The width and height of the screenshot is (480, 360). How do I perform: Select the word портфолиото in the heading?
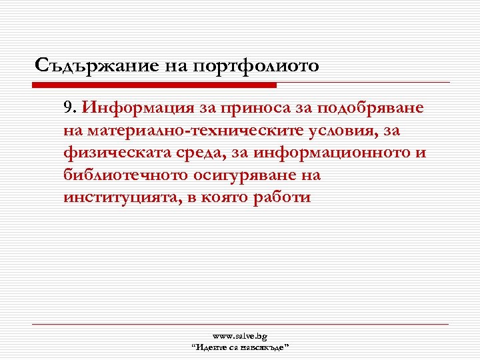tap(255, 66)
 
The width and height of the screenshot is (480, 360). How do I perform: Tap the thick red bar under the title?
tap(157, 85)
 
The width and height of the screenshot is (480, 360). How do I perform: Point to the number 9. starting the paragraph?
tap(71, 107)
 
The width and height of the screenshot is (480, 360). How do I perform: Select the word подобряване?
tap(373, 107)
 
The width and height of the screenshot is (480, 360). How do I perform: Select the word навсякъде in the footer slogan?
tap(265, 347)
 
